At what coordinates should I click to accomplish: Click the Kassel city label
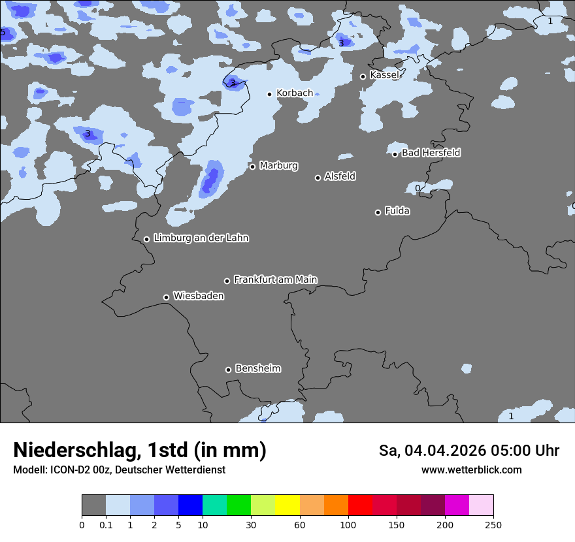384,75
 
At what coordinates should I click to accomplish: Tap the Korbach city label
295,93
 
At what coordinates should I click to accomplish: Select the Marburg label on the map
278,166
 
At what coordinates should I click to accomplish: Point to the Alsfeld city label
340,176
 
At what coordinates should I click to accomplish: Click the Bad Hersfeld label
431,153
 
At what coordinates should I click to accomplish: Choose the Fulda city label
397,211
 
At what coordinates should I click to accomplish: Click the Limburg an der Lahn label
201,238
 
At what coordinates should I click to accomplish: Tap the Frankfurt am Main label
275,279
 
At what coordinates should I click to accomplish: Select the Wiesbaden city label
198,296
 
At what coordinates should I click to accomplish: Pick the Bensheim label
257,368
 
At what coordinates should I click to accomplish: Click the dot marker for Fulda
378,212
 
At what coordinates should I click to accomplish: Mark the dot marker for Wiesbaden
166,297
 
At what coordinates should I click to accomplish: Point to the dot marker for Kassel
363,76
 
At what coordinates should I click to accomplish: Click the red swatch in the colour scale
360,505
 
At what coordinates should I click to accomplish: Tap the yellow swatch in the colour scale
287,505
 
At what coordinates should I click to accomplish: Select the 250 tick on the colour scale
493,524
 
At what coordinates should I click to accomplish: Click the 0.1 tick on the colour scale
106,524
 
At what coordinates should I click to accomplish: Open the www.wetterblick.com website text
471,470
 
